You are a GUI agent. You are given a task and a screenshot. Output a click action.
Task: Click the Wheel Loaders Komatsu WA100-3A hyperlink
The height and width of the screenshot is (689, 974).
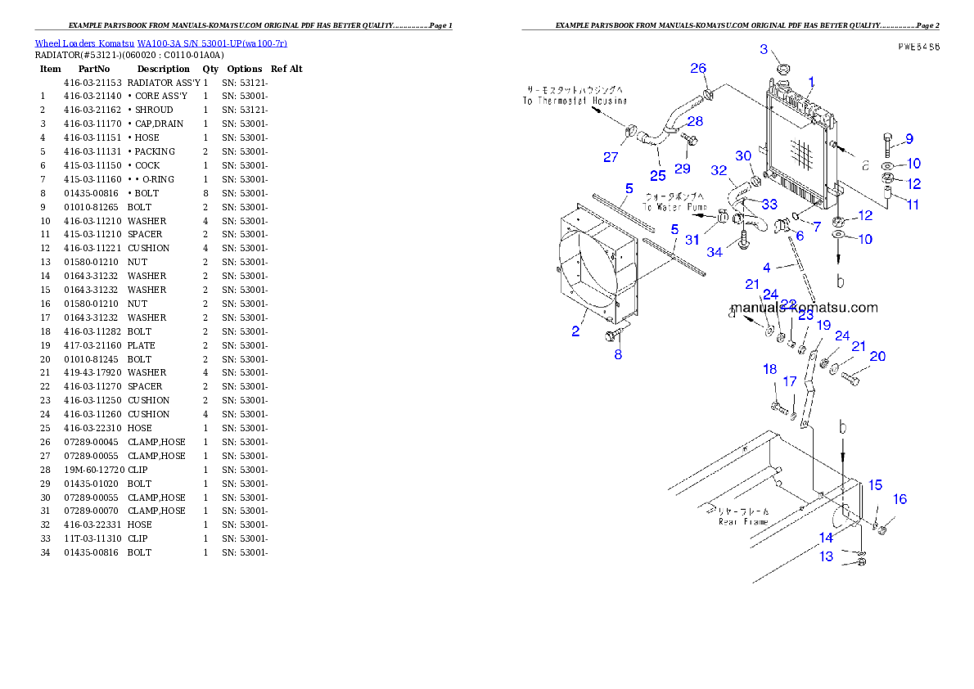160,43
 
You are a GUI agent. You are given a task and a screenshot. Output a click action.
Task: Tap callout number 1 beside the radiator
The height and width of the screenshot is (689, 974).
811,82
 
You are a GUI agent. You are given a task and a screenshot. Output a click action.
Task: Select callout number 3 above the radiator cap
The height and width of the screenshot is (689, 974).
764,49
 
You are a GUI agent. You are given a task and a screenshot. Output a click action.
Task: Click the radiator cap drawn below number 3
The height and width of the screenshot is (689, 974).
781,68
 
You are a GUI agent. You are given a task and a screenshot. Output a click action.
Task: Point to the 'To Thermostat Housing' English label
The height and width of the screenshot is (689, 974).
575,101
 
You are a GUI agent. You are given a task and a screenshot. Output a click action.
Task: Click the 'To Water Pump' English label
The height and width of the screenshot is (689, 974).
675,208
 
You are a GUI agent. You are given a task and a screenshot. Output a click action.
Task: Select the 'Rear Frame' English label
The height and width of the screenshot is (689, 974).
743,521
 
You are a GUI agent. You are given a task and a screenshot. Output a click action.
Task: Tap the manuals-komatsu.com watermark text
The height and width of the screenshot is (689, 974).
804,308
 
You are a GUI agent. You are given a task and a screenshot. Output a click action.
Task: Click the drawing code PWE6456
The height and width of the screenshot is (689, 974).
917,47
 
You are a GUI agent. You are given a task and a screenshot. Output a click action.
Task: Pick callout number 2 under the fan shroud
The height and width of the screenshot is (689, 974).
576,331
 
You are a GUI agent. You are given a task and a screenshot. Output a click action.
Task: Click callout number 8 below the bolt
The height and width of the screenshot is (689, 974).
618,354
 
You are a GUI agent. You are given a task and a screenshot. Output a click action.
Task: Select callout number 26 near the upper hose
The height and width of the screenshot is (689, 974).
697,68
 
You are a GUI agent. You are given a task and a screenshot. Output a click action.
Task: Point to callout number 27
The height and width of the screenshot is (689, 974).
611,157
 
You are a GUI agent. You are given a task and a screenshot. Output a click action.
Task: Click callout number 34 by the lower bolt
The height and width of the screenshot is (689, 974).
715,252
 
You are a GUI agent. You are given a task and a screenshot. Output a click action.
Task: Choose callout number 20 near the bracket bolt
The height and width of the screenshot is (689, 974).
877,356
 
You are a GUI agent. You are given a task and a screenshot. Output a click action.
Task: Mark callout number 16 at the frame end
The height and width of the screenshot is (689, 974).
900,499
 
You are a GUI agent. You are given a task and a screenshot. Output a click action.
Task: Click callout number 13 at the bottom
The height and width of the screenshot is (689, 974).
827,556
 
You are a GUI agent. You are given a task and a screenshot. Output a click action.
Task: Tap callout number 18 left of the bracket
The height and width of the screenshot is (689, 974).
769,370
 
